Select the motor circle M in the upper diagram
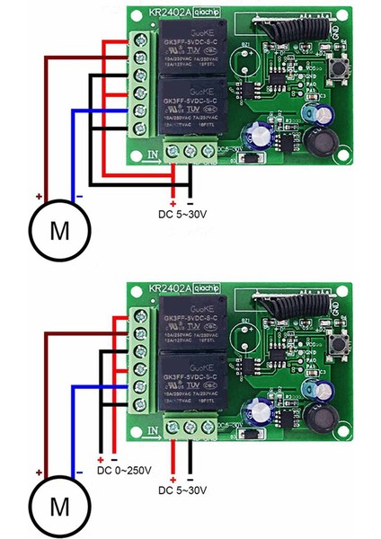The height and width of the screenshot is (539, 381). point(59,230)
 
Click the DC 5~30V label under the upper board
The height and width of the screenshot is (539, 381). point(184,213)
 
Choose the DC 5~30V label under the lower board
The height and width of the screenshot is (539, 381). point(184,490)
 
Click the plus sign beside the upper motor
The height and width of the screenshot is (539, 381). point(39,195)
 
